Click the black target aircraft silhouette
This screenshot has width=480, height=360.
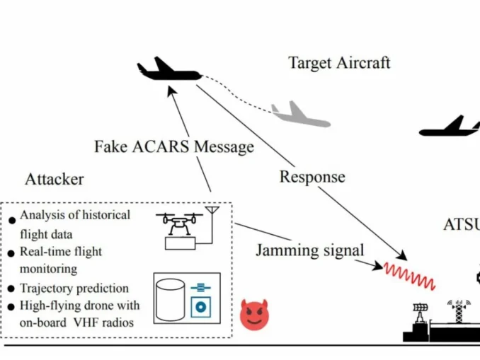[168, 71]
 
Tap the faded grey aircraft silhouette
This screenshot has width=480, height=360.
[301, 114]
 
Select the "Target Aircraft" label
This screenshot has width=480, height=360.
[339, 63]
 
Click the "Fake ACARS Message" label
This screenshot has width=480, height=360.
[173, 147]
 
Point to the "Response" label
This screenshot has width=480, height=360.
[312, 176]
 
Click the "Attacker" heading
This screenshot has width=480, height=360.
[55, 179]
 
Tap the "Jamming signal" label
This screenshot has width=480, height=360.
[310, 250]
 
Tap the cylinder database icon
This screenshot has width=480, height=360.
[170, 297]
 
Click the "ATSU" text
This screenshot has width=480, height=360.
[461, 226]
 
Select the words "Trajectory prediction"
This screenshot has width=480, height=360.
[74, 288]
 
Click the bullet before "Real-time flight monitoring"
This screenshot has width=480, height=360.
[12, 253]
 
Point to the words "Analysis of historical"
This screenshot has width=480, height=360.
[75, 215]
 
